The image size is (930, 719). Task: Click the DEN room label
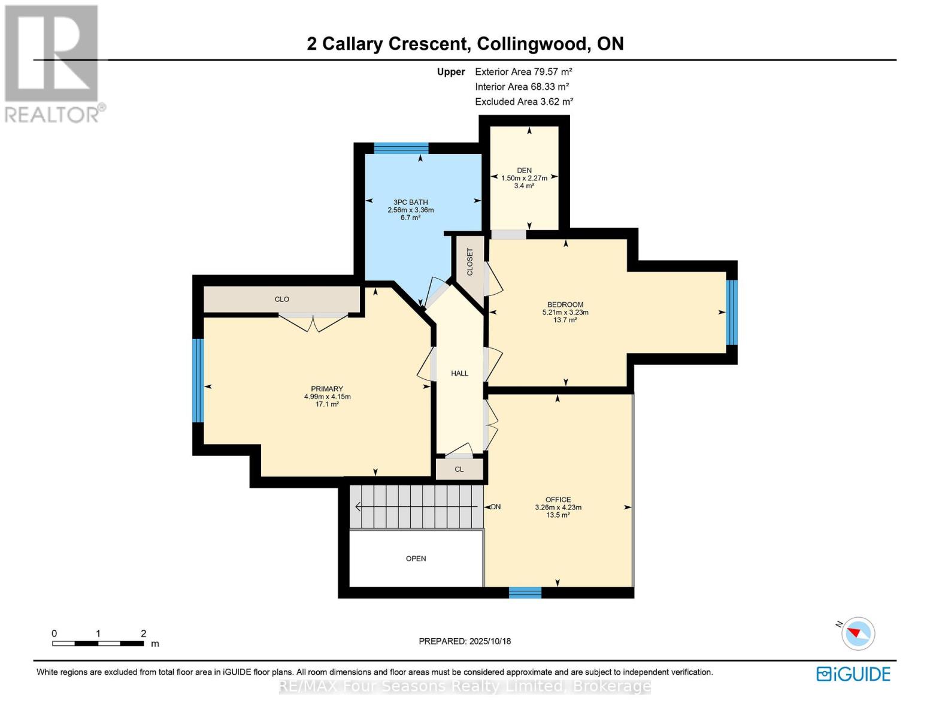pyautogui.click(x=524, y=171)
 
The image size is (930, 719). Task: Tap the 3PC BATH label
pyautogui.click(x=410, y=203)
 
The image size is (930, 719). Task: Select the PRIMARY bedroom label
pyautogui.click(x=327, y=389)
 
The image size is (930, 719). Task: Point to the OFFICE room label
pyautogui.click(x=558, y=500)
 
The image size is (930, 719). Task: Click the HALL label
pyautogui.click(x=459, y=373)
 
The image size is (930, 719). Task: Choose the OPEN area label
pyautogui.click(x=416, y=558)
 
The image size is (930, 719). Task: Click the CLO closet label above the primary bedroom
pyautogui.click(x=281, y=299)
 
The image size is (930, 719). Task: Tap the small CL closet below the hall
pyautogui.click(x=459, y=469)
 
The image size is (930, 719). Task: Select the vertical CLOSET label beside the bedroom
pyautogui.click(x=469, y=262)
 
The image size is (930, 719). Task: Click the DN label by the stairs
pyautogui.click(x=495, y=507)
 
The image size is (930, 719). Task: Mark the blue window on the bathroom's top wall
pyautogui.click(x=401, y=148)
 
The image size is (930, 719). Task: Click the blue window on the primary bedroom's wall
pyautogui.click(x=198, y=380)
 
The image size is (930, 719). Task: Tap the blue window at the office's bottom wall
pyautogui.click(x=525, y=593)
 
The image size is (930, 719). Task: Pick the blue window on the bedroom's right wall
pyautogui.click(x=731, y=312)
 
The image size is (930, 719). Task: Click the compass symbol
pyautogui.click(x=858, y=633)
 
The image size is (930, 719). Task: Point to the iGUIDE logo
pyautogui.click(x=853, y=674)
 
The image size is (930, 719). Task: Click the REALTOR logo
pyautogui.click(x=53, y=63)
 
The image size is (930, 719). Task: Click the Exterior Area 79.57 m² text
pyautogui.click(x=523, y=71)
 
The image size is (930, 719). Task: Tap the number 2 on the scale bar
pyautogui.click(x=143, y=633)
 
